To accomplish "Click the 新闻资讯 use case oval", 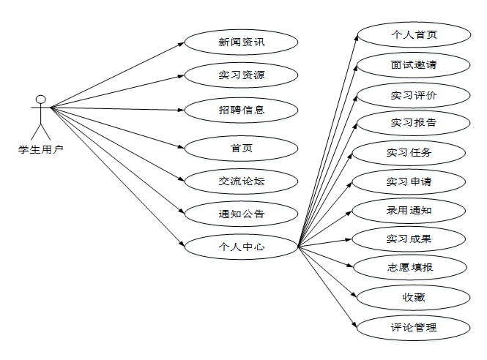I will click(241, 42).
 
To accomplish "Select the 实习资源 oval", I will click(241, 75).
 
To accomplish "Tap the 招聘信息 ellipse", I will click(241, 110).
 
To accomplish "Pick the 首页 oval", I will click(241, 149).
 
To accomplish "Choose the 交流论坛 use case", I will click(241, 180).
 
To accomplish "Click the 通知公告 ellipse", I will click(241, 214).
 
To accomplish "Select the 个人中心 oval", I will click(241, 247).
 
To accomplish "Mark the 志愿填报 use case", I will click(410, 267).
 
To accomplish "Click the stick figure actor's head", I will click(41, 99).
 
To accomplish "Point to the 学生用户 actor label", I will click(41, 149).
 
